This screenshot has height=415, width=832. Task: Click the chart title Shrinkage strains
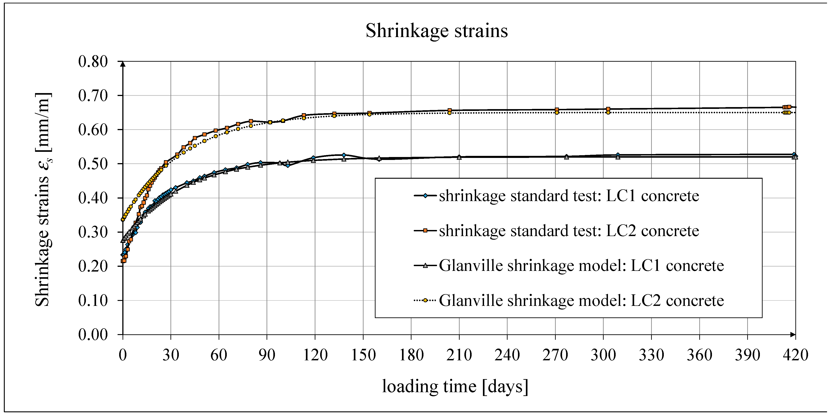pos(436,31)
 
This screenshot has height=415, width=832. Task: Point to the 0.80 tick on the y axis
pos(93,61)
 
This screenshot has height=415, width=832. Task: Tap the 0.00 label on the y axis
pos(93,335)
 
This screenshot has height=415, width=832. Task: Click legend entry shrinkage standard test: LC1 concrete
pos(568,196)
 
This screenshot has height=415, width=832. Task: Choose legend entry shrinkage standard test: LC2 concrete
pos(568,231)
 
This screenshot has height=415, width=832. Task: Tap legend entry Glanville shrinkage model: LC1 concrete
pos(581,266)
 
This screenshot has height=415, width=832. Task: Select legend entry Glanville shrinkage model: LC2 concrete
pos(581,300)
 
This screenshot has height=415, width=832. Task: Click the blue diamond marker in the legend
pos(425,196)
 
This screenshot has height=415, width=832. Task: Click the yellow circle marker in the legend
pos(425,300)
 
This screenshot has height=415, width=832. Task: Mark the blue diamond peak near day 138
pos(344,155)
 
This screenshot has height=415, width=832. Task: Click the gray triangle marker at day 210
pos(459,157)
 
